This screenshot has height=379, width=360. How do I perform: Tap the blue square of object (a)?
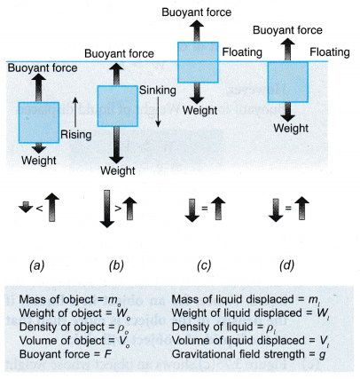(39, 122)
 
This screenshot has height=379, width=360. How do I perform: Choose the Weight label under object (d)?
(290, 127)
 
